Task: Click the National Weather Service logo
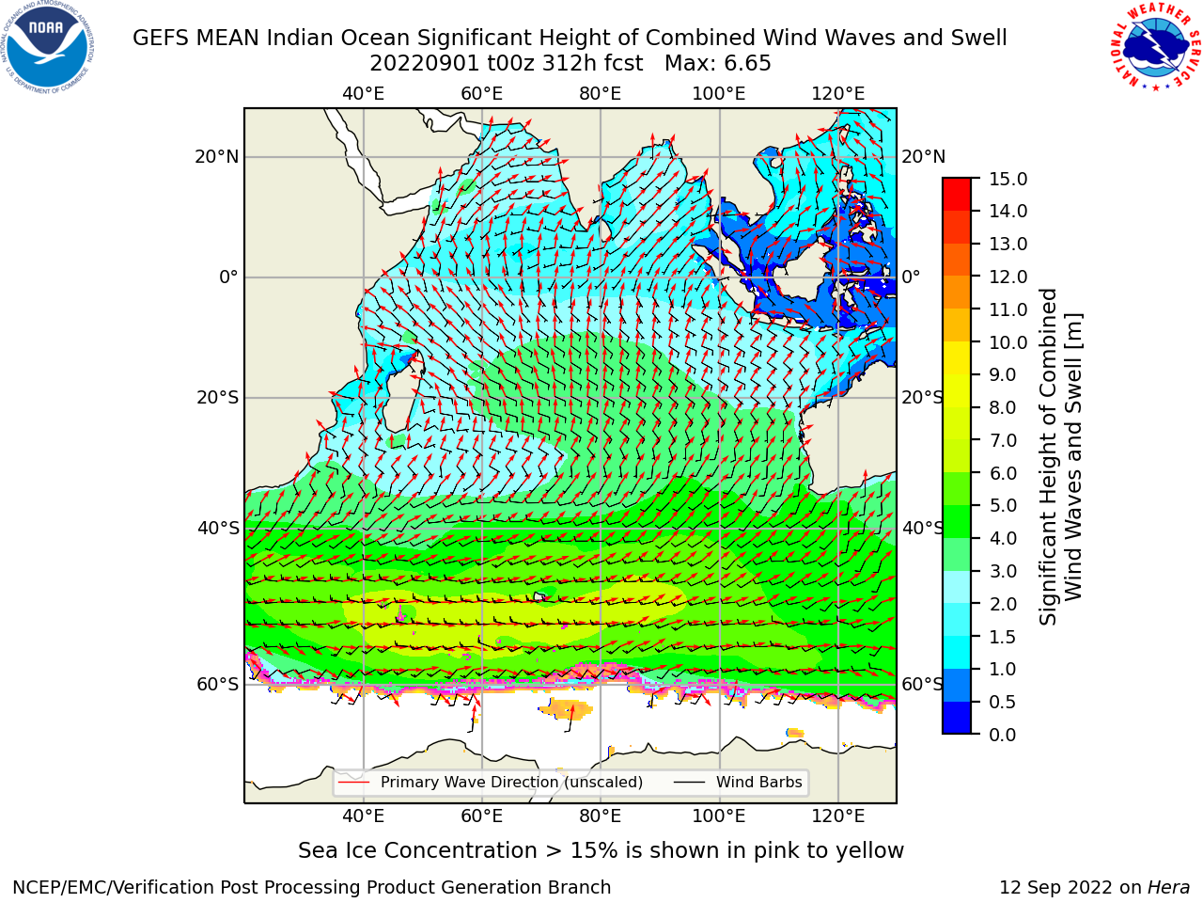pos(1155,47)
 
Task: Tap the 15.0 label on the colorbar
pos(1008,179)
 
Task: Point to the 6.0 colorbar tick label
pos(1003,473)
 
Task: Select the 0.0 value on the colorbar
pos(1003,735)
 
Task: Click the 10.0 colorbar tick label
pos(1008,342)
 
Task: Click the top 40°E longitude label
pos(364,94)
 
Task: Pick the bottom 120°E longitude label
pos(838,816)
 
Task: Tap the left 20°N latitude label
pos(217,157)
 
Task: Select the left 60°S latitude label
pos(218,684)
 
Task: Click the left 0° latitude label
pos(228,277)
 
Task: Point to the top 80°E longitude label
pos(601,94)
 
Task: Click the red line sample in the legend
pos(354,783)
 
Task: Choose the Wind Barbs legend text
pos(759,782)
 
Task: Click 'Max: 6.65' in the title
pos(718,64)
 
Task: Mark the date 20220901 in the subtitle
pos(425,64)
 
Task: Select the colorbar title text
pos(1060,457)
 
